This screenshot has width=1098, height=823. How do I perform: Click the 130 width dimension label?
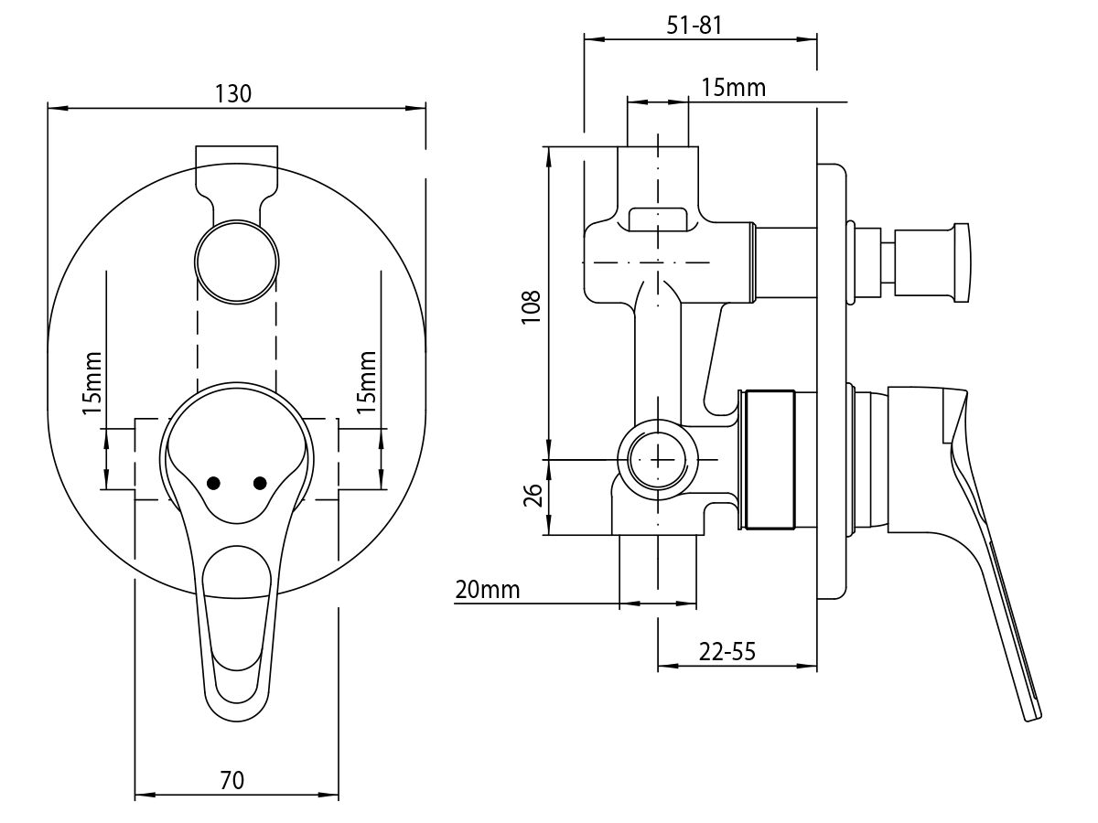click(x=233, y=93)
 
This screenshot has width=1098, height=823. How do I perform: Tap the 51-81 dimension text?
click(x=694, y=26)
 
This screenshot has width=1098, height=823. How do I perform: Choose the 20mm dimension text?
click(x=487, y=590)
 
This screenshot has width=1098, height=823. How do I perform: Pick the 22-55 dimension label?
click(x=727, y=652)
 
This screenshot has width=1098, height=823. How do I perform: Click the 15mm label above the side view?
click(x=733, y=88)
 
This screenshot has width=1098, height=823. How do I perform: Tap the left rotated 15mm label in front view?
click(x=91, y=383)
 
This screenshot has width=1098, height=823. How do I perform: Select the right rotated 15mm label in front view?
click(x=367, y=381)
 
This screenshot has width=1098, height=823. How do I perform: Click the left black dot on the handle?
click(x=214, y=483)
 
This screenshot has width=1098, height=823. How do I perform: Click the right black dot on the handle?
click(x=260, y=483)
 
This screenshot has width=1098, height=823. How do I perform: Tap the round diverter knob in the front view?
click(x=236, y=261)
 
